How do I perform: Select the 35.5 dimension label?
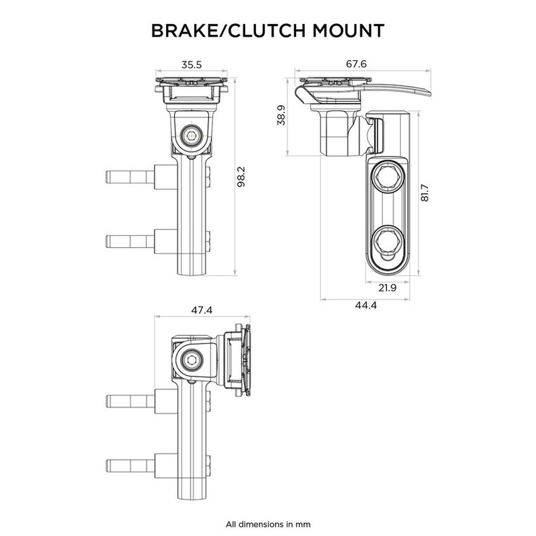192,65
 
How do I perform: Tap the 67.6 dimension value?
356,64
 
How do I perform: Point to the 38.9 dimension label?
281,116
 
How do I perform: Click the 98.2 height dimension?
242,177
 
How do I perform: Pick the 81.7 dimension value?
424,193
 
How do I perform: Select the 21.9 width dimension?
387,288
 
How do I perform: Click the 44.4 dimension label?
366,306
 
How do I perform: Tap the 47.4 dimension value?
201,310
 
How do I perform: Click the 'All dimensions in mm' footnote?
268,524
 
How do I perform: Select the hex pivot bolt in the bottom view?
192,360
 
